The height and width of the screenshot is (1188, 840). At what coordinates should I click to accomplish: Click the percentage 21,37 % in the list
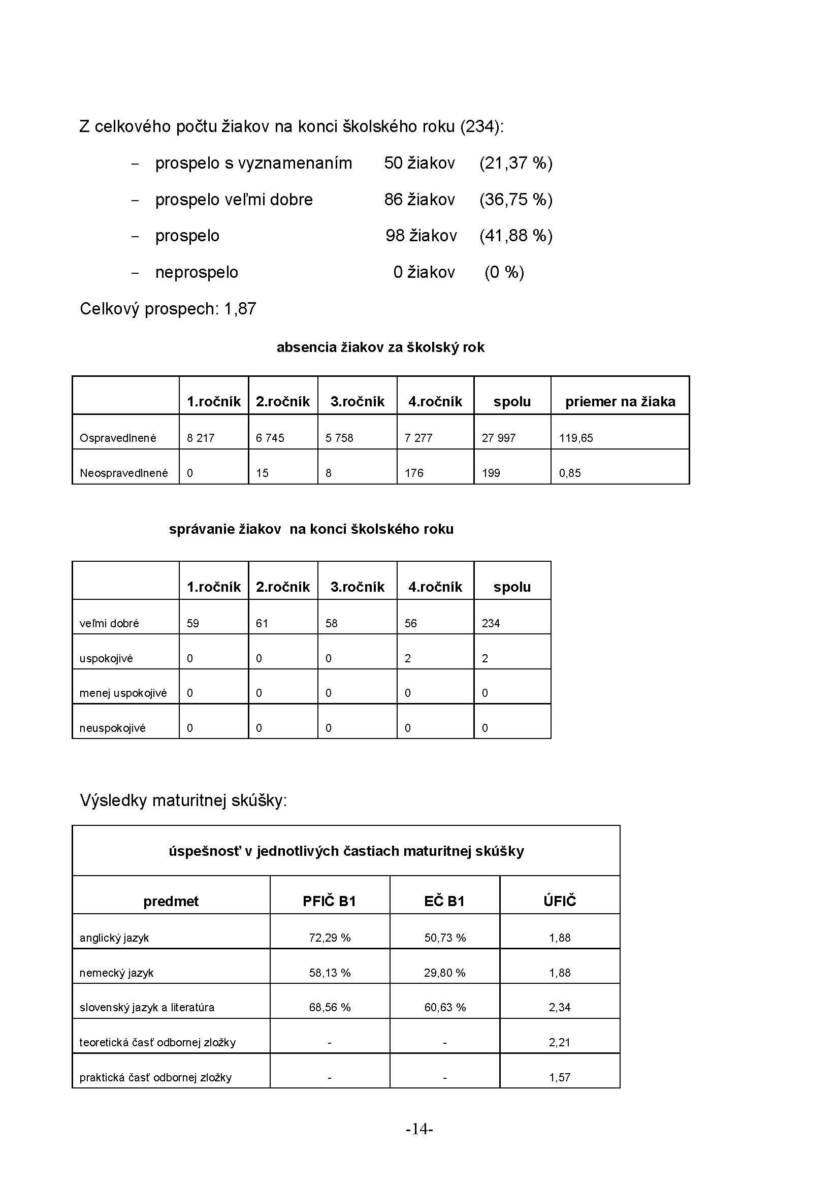click(x=515, y=163)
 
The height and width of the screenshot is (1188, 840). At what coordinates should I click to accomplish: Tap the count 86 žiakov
click(x=419, y=200)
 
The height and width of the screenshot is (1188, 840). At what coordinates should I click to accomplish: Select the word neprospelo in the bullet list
click(x=197, y=272)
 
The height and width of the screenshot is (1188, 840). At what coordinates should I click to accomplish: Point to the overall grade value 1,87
click(x=240, y=309)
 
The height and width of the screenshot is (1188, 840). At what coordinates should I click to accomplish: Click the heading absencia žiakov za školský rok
click(x=380, y=347)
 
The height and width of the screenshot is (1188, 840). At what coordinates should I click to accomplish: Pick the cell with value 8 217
click(x=201, y=438)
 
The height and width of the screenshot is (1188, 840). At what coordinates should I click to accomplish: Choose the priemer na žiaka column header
click(x=620, y=402)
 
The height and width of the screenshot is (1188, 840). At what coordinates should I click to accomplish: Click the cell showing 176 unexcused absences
click(x=414, y=473)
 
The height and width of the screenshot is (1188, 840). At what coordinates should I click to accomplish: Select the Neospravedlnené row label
click(x=123, y=473)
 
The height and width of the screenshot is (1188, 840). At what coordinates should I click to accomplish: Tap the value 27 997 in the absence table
click(x=499, y=438)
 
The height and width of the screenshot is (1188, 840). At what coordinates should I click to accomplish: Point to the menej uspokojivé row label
click(x=123, y=693)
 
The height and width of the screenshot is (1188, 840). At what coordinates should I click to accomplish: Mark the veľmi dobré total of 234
click(x=491, y=624)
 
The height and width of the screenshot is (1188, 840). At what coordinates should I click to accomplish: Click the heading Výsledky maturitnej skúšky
click(x=183, y=800)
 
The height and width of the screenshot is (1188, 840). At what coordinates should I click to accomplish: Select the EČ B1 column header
click(x=444, y=902)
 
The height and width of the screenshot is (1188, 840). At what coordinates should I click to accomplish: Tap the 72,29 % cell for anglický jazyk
click(x=330, y=938)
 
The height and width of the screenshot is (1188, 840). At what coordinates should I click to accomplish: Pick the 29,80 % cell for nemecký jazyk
click(x=445, y=973)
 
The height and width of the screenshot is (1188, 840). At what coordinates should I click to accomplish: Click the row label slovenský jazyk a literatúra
click(x=147, y=1007)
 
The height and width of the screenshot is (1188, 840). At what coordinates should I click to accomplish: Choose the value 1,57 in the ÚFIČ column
click(x=560, y=1078)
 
